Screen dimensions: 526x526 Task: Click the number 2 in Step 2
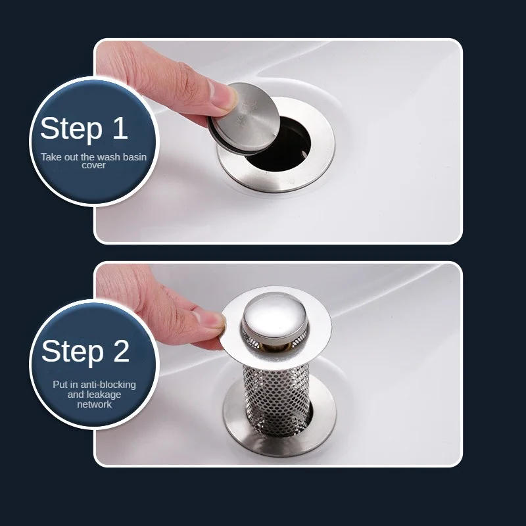pyautogui.click(x=120, y=352)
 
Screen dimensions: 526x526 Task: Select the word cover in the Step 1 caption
pyautogui.click(x=93, y=166)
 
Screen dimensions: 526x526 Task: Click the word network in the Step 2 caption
pyautogui.click(x=93, y=404)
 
